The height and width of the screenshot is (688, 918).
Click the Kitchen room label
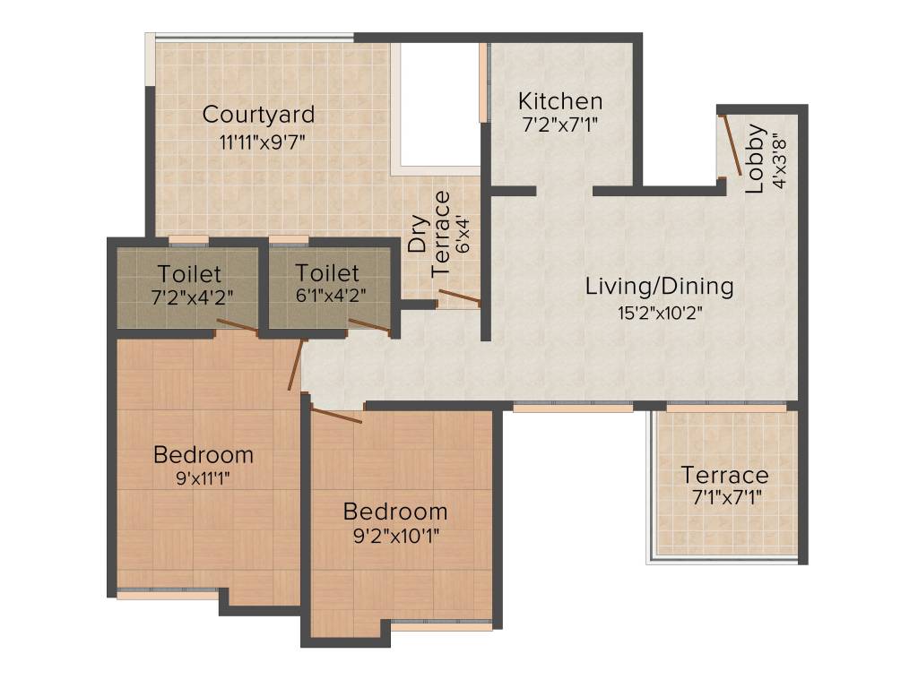coord(560,100)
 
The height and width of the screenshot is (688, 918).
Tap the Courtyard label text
coord(258,115)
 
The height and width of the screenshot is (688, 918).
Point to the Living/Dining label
coord(659,287)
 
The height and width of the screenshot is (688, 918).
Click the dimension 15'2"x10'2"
coord(659,314)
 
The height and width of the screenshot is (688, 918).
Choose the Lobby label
coord(756,159)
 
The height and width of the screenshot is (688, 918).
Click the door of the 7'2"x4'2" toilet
coord(238,327)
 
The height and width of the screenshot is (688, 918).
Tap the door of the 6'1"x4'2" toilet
coord(369,327)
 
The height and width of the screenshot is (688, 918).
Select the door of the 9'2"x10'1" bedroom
coord(336,415)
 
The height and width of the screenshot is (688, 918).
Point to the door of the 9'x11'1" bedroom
coord(296,365)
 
